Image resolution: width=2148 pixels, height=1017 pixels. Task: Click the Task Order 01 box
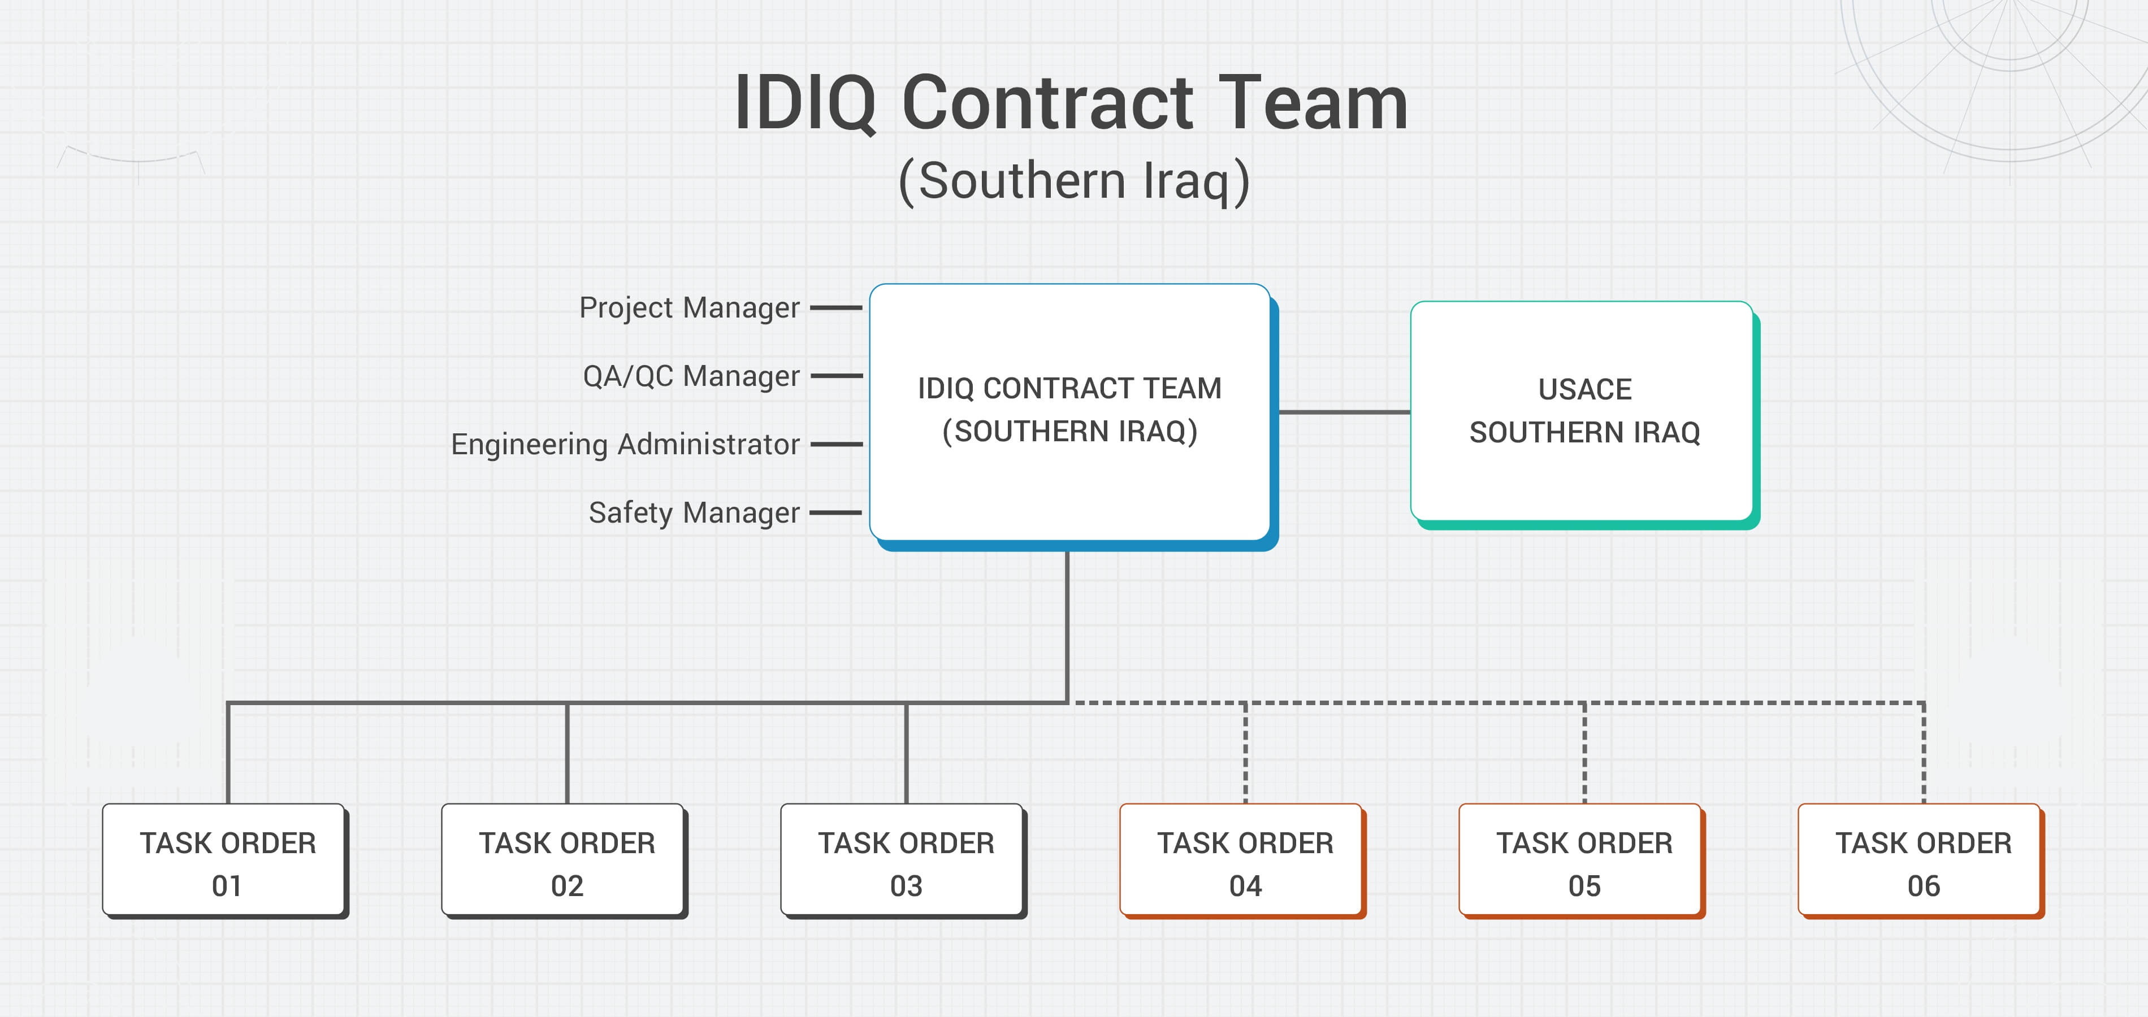(225, 861)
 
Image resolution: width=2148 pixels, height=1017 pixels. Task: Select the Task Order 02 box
(565, 861)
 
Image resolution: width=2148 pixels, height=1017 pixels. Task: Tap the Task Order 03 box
(904, 861)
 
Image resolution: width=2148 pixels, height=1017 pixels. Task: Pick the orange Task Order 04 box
(1242, 861)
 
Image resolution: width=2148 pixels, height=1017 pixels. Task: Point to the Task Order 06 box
(1921, 861)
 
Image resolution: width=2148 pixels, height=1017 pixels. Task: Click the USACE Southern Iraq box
(1583, 411)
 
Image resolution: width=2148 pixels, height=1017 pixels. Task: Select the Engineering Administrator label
(625, 444)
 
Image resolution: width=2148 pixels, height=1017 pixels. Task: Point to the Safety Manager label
(694, 512)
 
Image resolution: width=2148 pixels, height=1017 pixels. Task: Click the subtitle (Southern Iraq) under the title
(1073, 181)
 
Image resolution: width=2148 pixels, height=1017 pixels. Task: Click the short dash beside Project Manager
(835, 307)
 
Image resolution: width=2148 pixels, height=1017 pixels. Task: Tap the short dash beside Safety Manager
(835, 512)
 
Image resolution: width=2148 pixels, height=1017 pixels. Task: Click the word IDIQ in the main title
(805, 104)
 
